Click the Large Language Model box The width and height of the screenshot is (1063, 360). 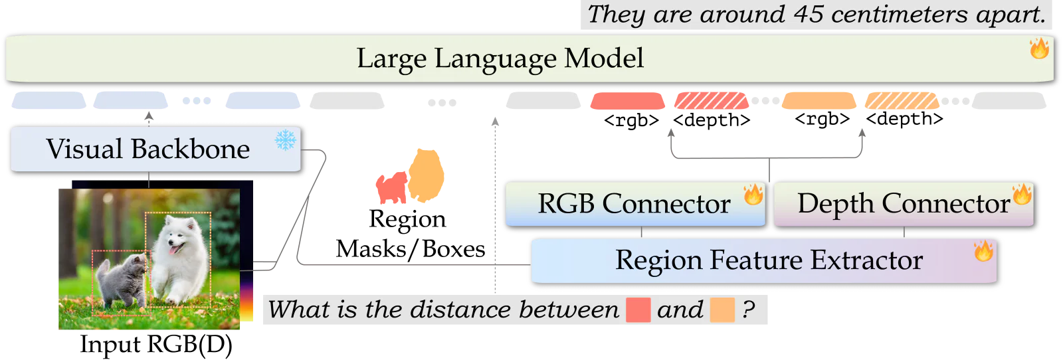pos(529,58)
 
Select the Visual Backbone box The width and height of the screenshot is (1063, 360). pos(155,149)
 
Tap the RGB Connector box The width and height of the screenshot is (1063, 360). pos(635,204)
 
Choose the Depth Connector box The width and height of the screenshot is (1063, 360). pos(904,204)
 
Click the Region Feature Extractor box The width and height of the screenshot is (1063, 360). pos(764,260)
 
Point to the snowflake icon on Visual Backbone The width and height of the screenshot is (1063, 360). pos(285,140)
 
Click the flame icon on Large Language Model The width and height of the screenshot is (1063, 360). pos(1039,48)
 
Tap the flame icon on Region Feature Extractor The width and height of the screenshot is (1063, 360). pos(984,250)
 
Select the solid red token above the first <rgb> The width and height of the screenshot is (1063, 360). pos(627,101)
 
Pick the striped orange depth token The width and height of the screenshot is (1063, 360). pos(902,101)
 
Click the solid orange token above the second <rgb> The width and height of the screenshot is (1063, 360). pos(819,101)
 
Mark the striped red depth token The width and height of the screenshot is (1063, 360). pos(712,101)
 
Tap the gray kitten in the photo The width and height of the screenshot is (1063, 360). pos(121,280)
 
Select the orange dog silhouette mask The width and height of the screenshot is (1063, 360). pos(426,175)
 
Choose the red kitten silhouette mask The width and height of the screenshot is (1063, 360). pos(391,187)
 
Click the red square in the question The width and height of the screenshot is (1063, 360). pos(638,310)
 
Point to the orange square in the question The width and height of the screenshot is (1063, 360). pos(722,310)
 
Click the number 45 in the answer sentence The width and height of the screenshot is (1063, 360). pos(808,14)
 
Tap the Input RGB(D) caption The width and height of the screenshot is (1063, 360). pos(156,345)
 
